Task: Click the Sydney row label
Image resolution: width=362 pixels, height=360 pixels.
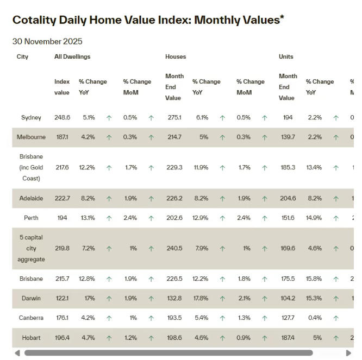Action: pos(31,118)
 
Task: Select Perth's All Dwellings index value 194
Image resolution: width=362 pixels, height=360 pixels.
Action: pos(61,218)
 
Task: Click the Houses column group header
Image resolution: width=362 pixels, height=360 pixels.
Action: pos(176,56)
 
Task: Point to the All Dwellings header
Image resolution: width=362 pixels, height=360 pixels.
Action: pos(72,56)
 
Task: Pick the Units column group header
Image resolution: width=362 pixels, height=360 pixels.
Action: pos(286,56)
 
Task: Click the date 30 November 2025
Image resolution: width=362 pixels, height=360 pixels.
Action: pos(47,41)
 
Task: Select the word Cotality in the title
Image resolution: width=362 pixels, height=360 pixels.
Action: pos(34,20)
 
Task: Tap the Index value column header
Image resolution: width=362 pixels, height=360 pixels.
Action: pos(62,87)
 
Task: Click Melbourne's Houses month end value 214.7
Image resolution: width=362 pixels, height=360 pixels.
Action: pos(174,137)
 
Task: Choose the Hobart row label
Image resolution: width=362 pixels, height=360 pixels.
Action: pos(31,338)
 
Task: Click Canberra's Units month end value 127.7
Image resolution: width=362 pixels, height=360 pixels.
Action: pos(287,318)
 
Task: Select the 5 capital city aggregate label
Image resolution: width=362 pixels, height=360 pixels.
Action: pos(31,248)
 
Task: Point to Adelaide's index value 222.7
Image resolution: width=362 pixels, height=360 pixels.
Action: pos(63,198)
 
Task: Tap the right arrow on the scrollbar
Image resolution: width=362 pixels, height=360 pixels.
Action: pos(348,353)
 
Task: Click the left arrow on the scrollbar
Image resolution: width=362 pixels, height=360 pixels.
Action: pos(17,353)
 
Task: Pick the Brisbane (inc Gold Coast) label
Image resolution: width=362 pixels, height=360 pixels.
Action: pos(31,168)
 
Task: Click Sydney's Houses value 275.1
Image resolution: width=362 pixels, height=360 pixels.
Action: pos(174,118)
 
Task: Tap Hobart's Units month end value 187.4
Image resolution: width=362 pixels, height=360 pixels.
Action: pos(287,338)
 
